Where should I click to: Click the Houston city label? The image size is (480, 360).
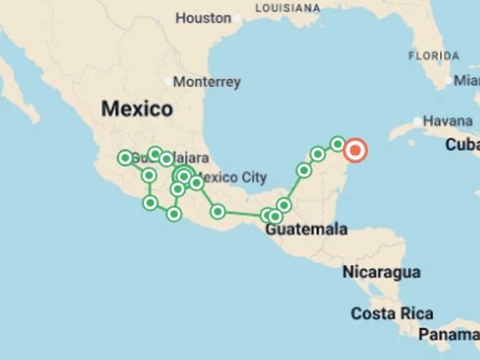tap(203, 18)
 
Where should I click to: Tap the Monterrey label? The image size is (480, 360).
tap(206, 82)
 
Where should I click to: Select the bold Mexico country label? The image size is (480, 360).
tap(137, 109)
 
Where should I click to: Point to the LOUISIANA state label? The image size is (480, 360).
tap(287, 8)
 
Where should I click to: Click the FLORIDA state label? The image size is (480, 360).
tap(434, 56)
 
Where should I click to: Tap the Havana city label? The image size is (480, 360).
tap(447, 121)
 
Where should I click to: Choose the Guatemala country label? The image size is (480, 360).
tap(306, 229)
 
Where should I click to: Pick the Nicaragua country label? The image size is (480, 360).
tap(381, 272)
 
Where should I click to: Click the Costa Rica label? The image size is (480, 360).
tap(392, 313)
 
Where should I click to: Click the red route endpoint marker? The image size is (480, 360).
tap(356, 150)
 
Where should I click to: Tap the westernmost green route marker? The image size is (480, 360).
tap(125, 157)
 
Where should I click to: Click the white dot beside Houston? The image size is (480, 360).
tap(239, 19)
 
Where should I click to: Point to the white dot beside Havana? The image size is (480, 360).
tap(417, 121)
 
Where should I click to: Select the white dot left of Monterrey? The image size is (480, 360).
tap(167, 82)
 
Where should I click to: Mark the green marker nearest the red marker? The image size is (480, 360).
tap(337, 144)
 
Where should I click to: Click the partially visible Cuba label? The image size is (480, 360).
tap(462, 145)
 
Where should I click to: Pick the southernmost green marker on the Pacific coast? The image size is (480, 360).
tap(174, 214)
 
